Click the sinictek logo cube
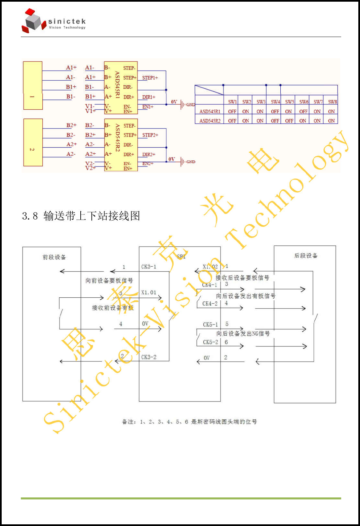(x=33, y=21)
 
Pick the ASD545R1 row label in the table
(x=210, y=111)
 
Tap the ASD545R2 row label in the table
(x=210, y=121)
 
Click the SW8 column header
(x=332, y=102)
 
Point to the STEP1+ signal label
(x=150, y=78)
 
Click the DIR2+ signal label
(x=149, y=154)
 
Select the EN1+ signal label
(x=148, y=107)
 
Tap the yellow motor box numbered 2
(x=33, y=142)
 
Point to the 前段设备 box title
(x=54, y=257)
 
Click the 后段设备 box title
(x=306, y=256)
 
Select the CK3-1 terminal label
(x=149, y=267)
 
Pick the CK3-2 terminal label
(x=149, y=357)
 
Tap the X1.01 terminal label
(x=149, y=292)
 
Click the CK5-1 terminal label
(x=210, y=325)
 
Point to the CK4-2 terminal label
(x=210, y=303)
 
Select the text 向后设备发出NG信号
(x=243, y=334)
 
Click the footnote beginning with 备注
(x=189, y=422)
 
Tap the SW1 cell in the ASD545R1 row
(x=232, y=111)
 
